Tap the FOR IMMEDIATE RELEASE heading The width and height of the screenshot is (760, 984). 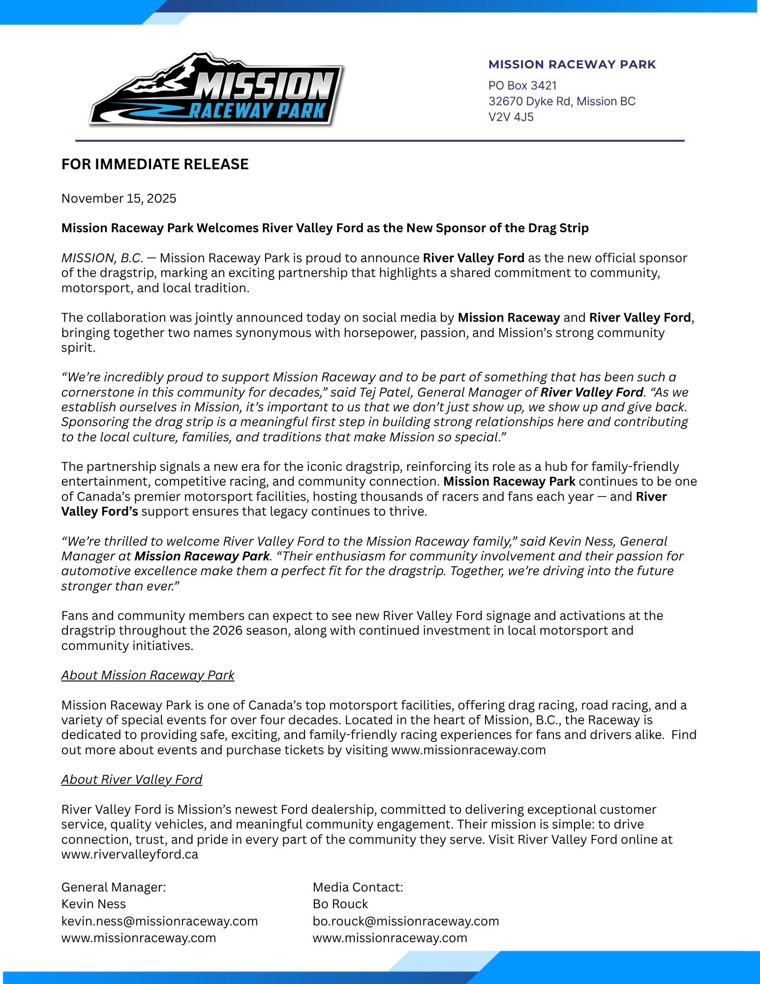(155, 164)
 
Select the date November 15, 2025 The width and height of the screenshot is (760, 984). (119, 198)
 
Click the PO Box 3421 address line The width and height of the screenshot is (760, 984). (522, 86)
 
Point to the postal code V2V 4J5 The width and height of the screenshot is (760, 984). (511, 117)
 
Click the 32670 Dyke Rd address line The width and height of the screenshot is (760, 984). (562, 101)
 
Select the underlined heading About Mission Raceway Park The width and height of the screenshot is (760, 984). (148, 675)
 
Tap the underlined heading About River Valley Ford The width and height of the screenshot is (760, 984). (132, 779)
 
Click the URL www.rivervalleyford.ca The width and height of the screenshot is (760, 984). (130, 854)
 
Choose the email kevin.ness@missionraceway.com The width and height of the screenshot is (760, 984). (159, 921)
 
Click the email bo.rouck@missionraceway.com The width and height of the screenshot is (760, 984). (406, 921)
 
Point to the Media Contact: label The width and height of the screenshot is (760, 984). (358, 887)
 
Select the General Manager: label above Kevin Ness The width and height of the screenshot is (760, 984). (114, 887)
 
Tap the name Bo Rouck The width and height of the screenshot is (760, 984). (340, 904)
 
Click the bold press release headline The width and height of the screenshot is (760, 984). (325, 228)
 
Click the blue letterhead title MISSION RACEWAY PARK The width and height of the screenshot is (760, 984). (572, 64)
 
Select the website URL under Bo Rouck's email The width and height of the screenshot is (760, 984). (390, 938)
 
